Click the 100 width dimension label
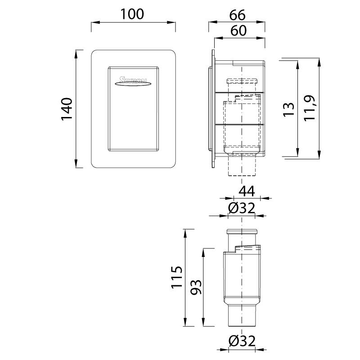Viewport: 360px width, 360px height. point(132,14)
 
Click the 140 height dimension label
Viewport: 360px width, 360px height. point(67,108)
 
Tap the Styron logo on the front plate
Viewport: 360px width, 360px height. point(133,81)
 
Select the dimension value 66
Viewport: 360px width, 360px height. point(237,15)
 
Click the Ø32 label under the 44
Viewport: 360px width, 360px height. point(241,208)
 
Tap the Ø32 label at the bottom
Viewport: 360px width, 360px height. point(242,341)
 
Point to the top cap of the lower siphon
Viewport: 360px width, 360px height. point(243,232)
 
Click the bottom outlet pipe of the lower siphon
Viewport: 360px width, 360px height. point(243,317)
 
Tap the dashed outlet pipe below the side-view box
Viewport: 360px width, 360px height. point(243,166)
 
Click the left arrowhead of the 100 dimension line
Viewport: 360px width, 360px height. point(93,22)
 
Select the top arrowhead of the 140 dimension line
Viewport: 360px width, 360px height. point(76,53)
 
